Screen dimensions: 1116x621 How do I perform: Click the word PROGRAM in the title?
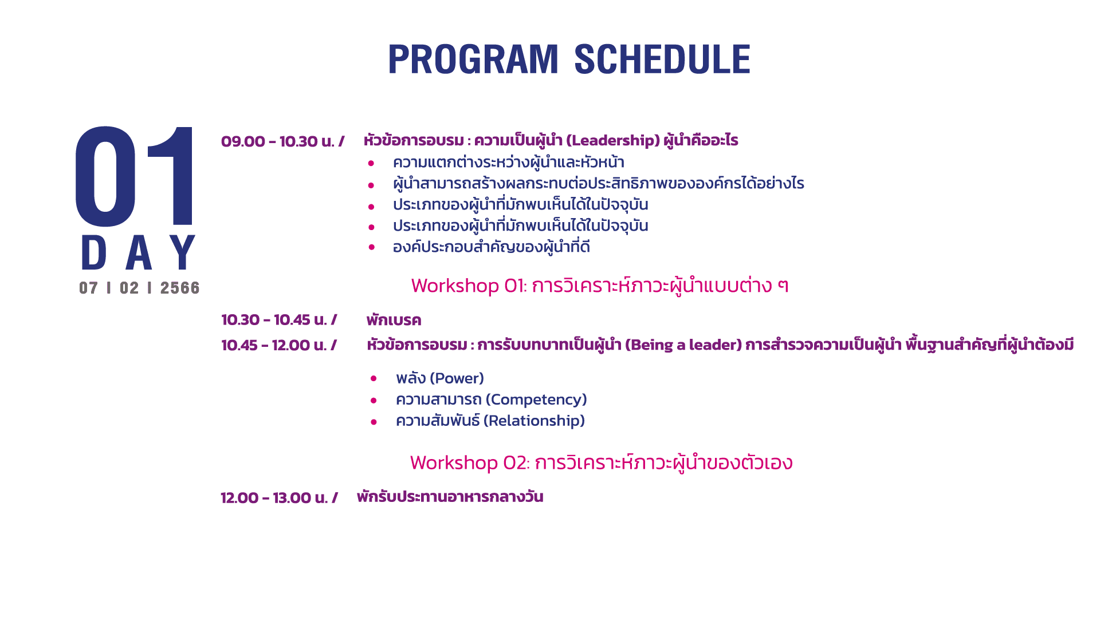point(473,59)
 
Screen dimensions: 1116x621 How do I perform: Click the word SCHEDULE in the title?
point(662,59)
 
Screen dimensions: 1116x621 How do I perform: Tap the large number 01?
point(135,176)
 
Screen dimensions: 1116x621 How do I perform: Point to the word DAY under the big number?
point(139,252)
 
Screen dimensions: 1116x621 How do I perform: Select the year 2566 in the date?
point(180,288)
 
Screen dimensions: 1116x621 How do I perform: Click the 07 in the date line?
point(89,288)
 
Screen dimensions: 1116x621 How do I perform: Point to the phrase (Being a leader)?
point(683,345)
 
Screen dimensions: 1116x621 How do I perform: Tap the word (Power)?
point(457,378)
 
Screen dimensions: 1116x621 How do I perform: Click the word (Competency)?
point(536,400)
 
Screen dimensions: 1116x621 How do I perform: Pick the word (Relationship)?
point(534,421)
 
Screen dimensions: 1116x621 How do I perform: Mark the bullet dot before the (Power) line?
point(374,378)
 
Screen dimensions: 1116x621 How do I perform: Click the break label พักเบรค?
point(394,320)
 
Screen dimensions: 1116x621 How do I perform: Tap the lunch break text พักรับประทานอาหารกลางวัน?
point(450,497)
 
